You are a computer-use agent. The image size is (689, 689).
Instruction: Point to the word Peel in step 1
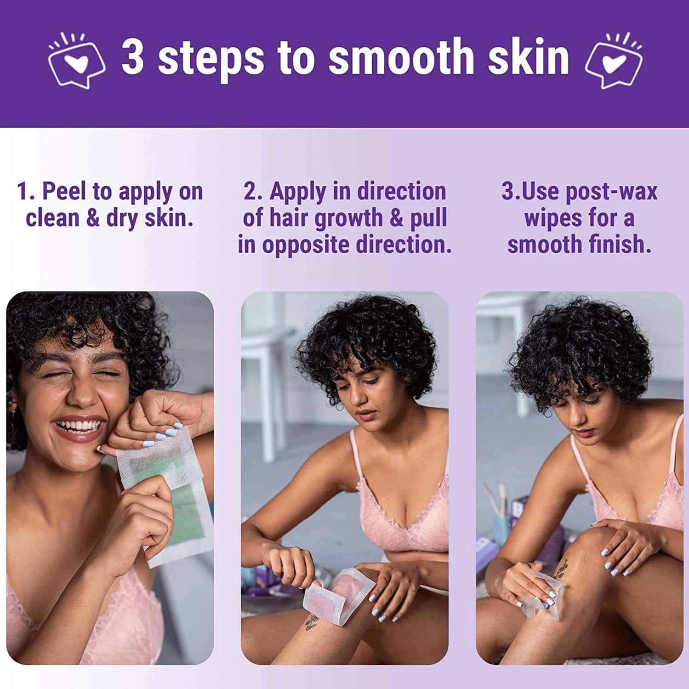coord(64,191)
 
